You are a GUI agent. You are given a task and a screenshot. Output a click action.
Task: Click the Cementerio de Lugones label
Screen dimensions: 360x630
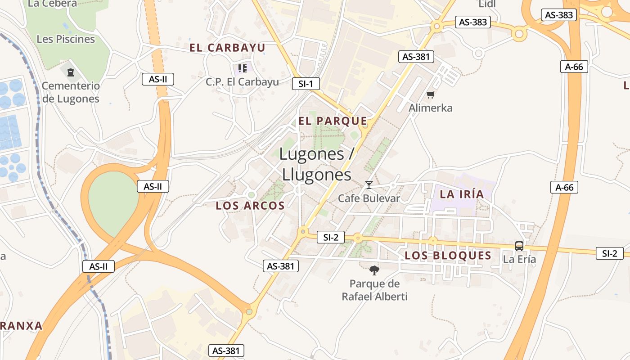click(71, 92)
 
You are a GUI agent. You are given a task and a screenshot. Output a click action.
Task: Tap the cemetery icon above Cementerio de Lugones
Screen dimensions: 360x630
click(71, 72)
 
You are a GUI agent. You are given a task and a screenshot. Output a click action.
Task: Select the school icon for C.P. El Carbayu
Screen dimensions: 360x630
click(243, 68)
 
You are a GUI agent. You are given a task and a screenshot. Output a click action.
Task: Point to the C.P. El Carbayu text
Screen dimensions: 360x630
click(243, 82)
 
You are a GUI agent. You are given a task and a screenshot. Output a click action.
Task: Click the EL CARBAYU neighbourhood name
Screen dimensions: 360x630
click(227, 48)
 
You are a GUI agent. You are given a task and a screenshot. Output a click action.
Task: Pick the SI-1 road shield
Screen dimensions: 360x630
click(306, 83)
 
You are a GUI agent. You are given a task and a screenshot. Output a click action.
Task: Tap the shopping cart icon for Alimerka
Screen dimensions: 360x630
click(431, 94)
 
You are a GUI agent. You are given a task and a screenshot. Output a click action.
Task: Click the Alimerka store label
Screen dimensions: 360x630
click(431, 108)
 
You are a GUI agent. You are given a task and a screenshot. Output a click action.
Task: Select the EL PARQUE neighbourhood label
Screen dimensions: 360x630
click(333, 121)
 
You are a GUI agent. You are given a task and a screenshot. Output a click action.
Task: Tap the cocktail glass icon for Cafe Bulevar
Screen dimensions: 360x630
click(369, 184)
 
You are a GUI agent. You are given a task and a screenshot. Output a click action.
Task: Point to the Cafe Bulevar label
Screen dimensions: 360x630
click(369, 198)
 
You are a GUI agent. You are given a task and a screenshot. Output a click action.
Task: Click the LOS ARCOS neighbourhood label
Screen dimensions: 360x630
click(250, 206)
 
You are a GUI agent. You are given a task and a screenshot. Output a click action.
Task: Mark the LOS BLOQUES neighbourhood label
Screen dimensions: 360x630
click(448, 256)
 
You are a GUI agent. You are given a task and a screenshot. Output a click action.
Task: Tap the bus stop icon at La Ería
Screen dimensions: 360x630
click(519, 246)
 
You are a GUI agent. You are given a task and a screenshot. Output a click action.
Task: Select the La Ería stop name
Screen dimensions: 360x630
click(519, 259)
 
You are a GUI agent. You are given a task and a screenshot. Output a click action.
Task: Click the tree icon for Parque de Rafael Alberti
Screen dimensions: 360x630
click(374, 270)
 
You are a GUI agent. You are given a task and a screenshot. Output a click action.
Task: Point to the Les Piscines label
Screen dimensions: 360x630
click(66, 39)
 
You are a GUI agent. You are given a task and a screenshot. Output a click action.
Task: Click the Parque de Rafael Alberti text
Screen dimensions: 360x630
click(374, 290)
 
